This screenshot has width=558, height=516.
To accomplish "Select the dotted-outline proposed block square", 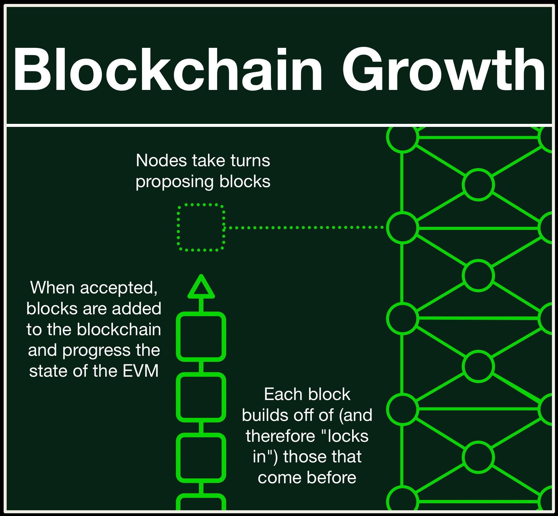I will [x=201, y=227].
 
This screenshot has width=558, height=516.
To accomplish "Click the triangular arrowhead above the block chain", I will [x=201, y=287].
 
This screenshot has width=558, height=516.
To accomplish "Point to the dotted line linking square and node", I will [x=303, y=227].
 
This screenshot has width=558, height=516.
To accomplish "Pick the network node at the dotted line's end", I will [x=402, y=227].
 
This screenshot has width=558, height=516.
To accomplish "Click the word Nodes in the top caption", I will [x=161, y=160].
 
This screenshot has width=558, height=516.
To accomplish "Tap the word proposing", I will [x=175, y=182].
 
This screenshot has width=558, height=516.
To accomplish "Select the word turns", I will [x=250, y=160].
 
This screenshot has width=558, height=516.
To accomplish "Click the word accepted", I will [x=119, y=288].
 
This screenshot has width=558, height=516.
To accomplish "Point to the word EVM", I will [x=140, y=371].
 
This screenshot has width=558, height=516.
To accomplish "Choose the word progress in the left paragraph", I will [x=96, y=350].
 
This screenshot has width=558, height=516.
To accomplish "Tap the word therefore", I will [x=280, y=436].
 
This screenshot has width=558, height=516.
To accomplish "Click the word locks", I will [x=348, y=436].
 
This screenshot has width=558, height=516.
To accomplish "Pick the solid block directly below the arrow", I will [x=201, y=336].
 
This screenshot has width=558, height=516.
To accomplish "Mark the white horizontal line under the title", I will [x=279, y=125].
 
